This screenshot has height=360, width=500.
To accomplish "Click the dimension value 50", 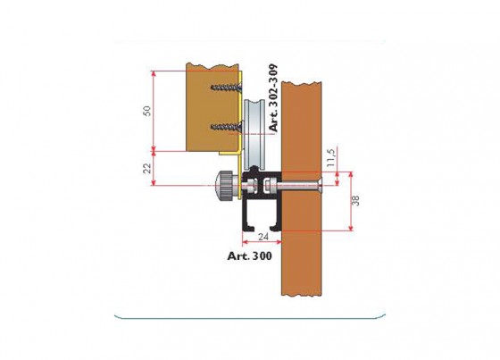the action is coord(147,111).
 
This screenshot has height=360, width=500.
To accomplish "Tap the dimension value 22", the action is coord(146,168).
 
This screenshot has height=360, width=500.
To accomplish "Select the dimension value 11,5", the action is coord(331,157).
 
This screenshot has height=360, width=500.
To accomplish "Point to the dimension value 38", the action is coord(355,200).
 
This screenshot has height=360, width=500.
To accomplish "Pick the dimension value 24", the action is coord(263,237).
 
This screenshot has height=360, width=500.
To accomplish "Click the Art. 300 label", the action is coord(250,255).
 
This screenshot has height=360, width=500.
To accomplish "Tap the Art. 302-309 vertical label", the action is coord(273,98).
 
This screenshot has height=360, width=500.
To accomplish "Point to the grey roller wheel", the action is coord(254,134).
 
